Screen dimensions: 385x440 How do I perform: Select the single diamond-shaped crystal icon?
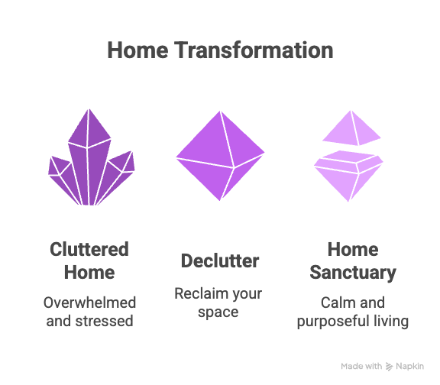coord(220,155)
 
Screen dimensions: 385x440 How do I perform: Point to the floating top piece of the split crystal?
coord(351,128)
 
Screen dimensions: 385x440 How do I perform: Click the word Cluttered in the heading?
coord(89,250)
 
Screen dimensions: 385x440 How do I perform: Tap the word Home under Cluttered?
coord(89,272)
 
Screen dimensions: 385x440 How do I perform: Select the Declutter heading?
coord(220,260)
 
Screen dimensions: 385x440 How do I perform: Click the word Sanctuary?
coord(352,272)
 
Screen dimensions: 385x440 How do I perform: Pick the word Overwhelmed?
coord(89,302)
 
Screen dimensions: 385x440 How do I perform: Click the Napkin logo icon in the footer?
coord(390,366)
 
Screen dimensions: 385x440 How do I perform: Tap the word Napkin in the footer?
coord(411,366)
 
